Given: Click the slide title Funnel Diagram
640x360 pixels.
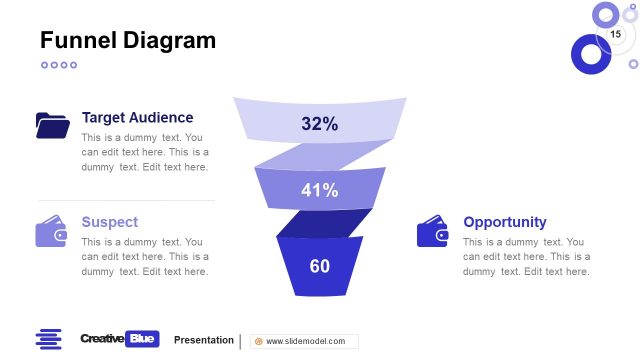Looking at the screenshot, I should [127, 40].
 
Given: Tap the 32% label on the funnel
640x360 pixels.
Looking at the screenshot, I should [319, 124].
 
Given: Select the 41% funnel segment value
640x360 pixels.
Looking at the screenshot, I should [319, 190].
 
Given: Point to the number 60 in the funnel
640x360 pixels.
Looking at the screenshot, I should [319, 266].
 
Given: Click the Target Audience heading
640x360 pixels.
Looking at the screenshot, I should [138, 117].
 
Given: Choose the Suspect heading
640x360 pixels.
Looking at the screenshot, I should [110, 222].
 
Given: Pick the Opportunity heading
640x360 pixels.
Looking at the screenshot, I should [505, 222].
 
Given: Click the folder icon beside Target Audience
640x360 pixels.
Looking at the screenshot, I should [52, 125].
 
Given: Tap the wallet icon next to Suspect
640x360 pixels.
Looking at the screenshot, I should [52, 232].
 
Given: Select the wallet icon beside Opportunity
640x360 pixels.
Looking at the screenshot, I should [432, 232].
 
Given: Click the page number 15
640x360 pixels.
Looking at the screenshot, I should [616, 35].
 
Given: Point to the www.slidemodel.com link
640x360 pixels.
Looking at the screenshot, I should [305, 341].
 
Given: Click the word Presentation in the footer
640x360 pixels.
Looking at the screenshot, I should [204, 340].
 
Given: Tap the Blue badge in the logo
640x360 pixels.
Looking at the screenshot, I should [144, 339].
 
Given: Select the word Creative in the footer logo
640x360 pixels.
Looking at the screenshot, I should [103, 339].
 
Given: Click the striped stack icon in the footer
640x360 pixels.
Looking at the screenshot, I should [48, 339].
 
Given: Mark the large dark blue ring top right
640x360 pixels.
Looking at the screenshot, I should [591, 54].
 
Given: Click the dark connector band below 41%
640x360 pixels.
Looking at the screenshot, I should [322, 224].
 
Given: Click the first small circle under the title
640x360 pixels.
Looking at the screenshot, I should [45, 65].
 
